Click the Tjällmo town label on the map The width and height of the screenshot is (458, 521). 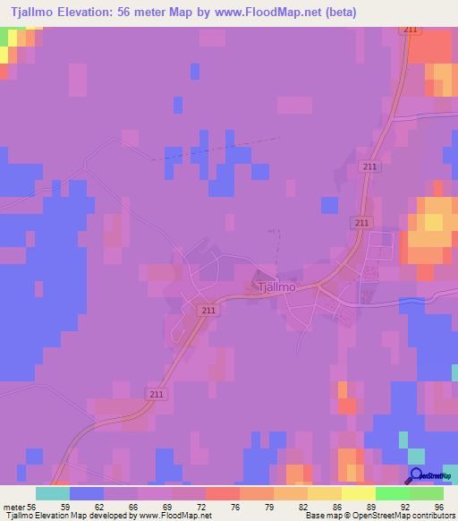click(276, 287)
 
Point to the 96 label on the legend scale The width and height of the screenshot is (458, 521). click(437, 507)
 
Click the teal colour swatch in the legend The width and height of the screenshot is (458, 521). click(53, 493)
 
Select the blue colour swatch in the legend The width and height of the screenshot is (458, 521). click(87, 493)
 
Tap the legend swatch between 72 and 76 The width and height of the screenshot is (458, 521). click(223, 493)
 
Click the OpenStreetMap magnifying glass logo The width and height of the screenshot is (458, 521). click(415, 475)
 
